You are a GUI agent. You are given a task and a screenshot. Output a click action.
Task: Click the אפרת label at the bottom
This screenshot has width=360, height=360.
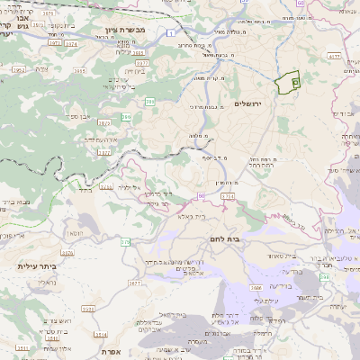pos(112,351)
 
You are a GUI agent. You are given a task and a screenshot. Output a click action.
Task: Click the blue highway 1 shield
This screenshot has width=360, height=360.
pos(170,33)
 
